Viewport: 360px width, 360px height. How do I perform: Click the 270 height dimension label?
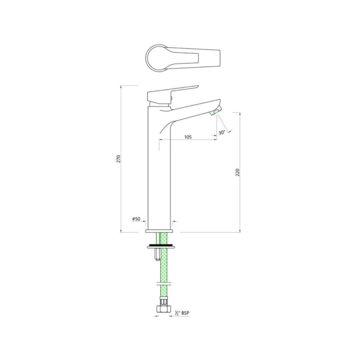(118, 159)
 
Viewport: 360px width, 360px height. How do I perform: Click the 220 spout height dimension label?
(238, 172)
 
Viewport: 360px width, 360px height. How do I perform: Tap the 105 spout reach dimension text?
(188, 137)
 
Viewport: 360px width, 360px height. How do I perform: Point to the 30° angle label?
(222, 132)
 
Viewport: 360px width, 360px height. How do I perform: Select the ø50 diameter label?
(136, 219)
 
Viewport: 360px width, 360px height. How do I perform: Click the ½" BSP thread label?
(183, 313)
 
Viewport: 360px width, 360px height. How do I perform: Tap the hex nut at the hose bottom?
(164, 309)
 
